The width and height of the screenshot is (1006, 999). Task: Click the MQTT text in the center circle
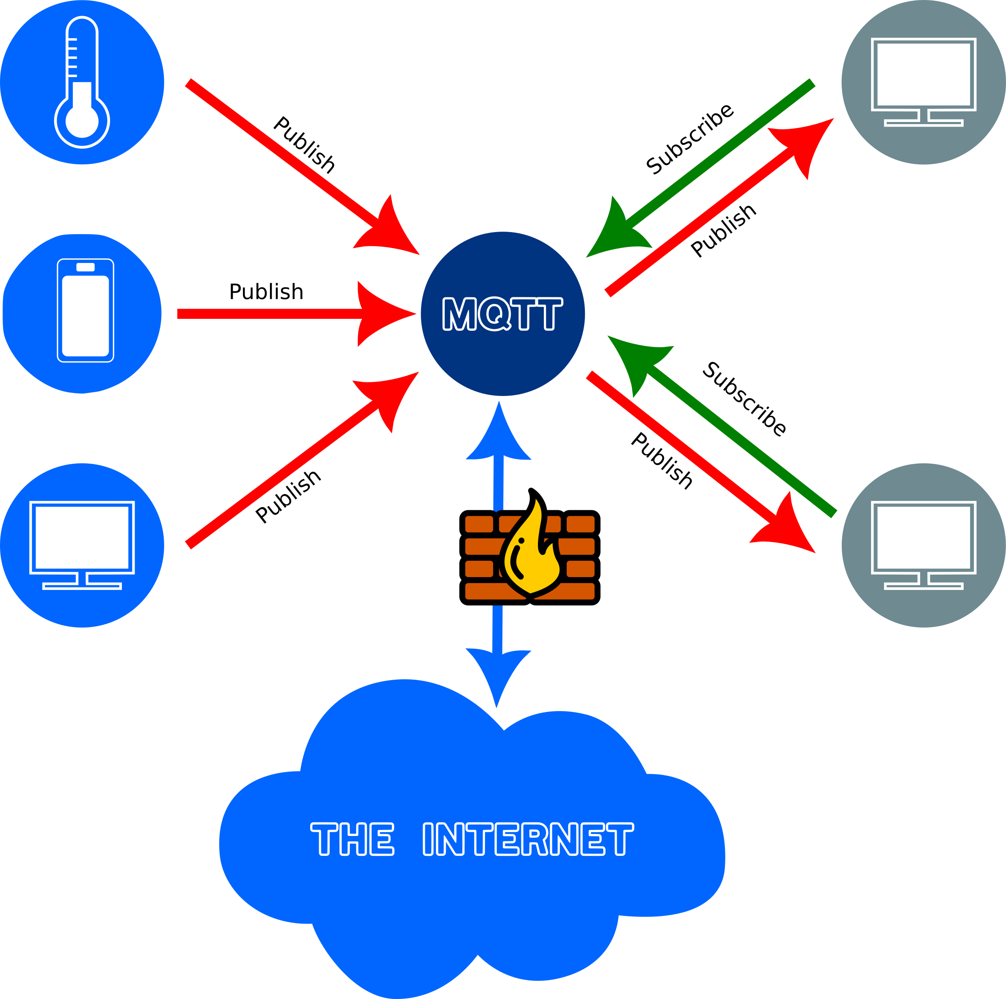(x=502, y=314)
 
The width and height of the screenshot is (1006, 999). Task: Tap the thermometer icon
(x=82, y=83)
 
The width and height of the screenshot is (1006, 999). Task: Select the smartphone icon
(x=85, y=310)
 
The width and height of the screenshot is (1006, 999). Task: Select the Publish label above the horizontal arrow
(x=266, y=292)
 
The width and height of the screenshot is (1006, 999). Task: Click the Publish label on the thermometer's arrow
(x=304, y=145)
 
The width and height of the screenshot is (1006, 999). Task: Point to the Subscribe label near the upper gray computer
(x=689, y=139)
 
